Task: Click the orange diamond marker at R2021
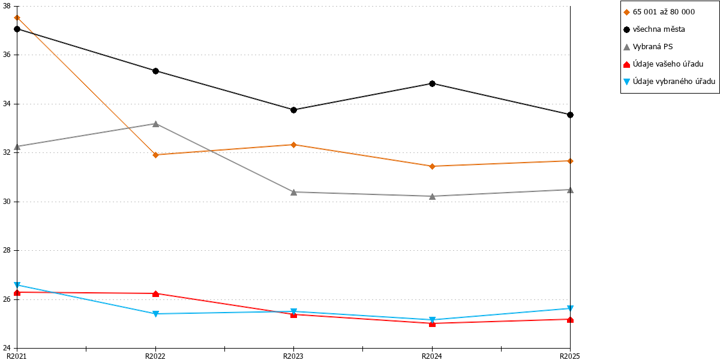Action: (x=17, y=17)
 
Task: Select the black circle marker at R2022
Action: (x=155, y=71)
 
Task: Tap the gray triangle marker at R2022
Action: (x=155, y=124)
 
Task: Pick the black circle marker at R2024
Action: (x=433, y=83)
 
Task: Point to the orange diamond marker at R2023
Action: (x=293, y=145)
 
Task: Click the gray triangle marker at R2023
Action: (x=293, y=192)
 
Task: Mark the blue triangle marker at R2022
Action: (x=155, y=314)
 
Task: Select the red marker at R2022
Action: (x=155, y=294)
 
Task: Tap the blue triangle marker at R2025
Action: (x=570, y=308)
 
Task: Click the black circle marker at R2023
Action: (x=293, y=110)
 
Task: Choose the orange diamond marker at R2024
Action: (x=433, y=166)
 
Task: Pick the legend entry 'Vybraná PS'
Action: (x=648, y=47)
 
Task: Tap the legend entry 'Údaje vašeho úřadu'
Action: (x=664, y=64)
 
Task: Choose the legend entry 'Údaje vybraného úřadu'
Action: (x=669, y=82)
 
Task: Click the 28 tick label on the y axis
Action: (x=7, y=250)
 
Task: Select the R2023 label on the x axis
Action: (x=293, y=356)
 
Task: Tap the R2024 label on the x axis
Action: (x=432, y=356)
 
